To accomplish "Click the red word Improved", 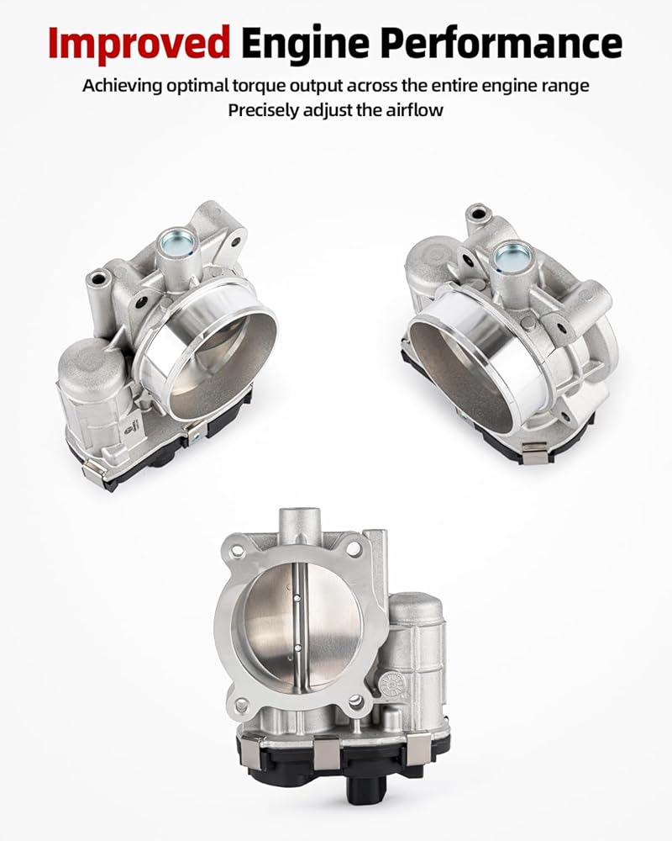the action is [x=139, y=44].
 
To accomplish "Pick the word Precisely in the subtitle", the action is [x=264, y=110].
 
